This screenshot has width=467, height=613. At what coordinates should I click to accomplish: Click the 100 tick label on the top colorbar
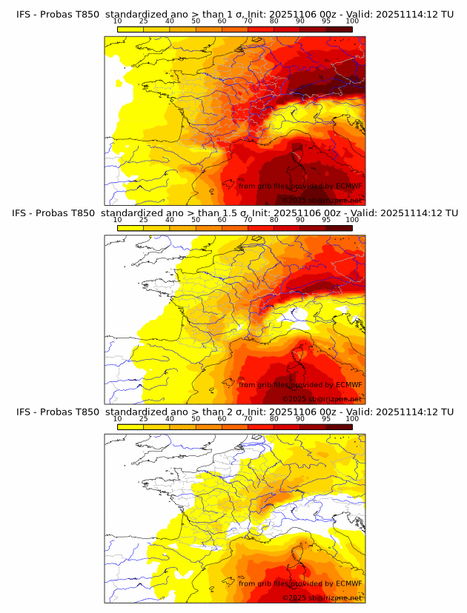352,21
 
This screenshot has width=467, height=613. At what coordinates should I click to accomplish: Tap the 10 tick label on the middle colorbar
118,220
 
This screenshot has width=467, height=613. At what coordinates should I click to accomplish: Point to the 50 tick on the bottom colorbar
196,418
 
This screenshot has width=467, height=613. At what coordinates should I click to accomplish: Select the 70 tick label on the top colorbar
248,21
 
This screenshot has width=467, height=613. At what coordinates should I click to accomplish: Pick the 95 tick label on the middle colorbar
326,220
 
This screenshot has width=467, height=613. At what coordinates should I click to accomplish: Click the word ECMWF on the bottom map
348,583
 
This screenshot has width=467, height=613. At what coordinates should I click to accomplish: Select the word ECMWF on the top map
348,186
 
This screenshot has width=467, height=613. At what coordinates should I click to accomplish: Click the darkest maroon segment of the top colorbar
339,29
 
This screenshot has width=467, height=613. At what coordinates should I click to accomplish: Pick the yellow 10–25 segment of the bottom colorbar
130,426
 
